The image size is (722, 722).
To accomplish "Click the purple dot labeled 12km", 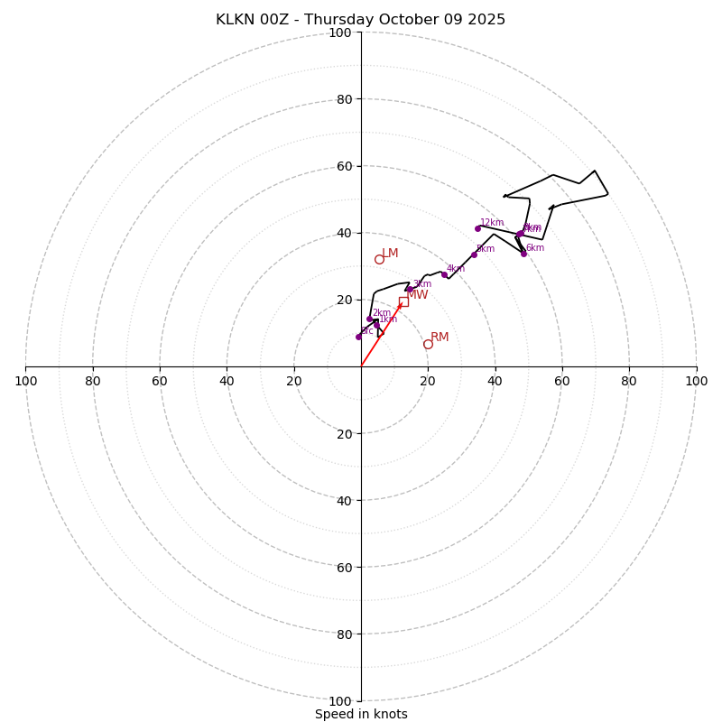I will click(477, 228).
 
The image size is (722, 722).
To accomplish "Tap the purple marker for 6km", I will click(523, 254).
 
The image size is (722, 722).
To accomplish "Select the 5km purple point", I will click(474, 255).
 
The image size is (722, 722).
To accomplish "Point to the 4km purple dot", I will click(444, 274).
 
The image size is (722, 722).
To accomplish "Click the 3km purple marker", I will click(410, 290).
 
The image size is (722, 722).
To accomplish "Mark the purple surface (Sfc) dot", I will click(358, 337).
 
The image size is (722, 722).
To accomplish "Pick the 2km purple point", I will click(370, 319).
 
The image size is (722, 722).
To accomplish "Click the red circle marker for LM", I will click(379, 260).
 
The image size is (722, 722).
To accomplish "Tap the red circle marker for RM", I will click(428, 345).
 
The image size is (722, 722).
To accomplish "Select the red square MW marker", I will click(403, 301).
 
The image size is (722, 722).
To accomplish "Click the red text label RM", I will click(440, 338).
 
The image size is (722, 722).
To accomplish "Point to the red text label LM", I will click(390, 254).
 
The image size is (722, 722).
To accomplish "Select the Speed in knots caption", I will click(361, 715).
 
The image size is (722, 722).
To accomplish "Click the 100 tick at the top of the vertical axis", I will click(340, 32).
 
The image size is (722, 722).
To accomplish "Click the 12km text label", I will click(492, 223).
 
